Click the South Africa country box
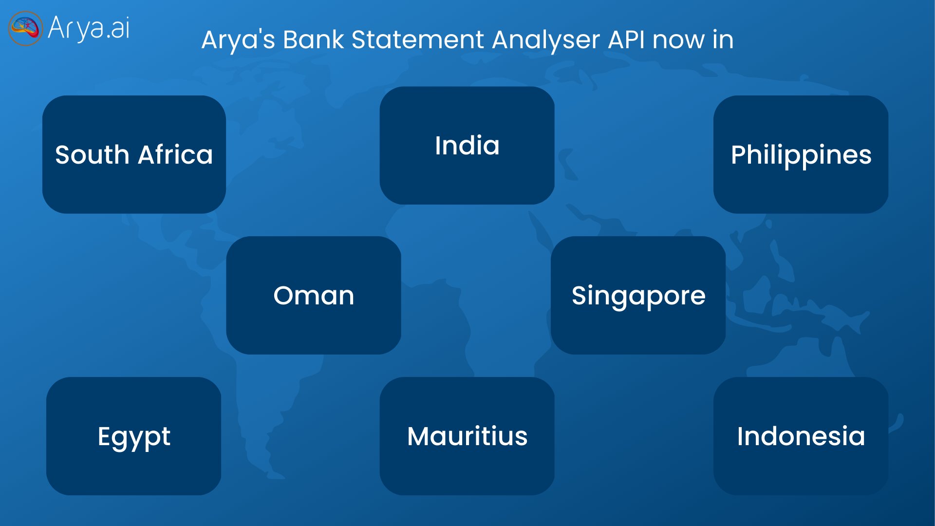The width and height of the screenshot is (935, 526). point(134,154)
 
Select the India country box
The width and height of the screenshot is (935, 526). point(467,145)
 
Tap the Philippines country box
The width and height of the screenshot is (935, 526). point(801,154)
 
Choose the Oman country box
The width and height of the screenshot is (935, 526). point(314,295)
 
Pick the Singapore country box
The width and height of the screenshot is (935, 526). point(638,295)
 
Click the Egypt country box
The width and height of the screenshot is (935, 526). point(133,436)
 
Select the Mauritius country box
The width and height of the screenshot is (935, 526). point(467,436)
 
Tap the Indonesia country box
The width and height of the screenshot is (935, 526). point(801,436)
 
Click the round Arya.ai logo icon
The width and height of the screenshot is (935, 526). point(25,28)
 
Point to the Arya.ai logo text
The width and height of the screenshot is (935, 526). point(89,28)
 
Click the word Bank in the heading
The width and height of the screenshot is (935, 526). point(314,39)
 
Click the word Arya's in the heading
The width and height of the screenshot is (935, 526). point(239,39)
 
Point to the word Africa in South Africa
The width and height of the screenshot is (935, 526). point(175,155)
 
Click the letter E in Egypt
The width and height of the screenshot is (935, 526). point(104,436)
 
